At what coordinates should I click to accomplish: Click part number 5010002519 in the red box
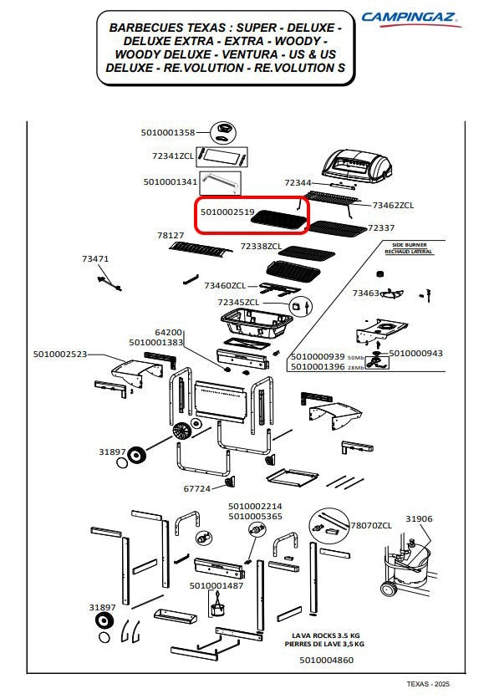point(227,212)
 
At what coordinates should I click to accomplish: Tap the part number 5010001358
point(168,132)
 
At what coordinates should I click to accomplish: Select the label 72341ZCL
point(173,156)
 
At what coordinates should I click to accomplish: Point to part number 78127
point(171,235)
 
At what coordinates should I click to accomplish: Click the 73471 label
point(95,258)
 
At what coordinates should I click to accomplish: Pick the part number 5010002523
point(60,354)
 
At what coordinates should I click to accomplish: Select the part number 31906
point(419,518)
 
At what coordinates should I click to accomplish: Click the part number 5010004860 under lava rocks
point(326,661)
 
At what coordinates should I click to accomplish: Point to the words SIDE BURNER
point(410,245)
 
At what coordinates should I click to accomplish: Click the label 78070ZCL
point(371,526)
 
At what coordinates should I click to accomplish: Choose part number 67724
point(197,488)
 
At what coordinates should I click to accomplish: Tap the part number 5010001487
point(216,586)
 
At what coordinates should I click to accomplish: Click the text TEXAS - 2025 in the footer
point(428,684)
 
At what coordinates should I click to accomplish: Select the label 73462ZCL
point(393,205)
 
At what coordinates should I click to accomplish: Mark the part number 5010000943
point(416,353)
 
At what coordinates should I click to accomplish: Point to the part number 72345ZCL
point(238,302)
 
